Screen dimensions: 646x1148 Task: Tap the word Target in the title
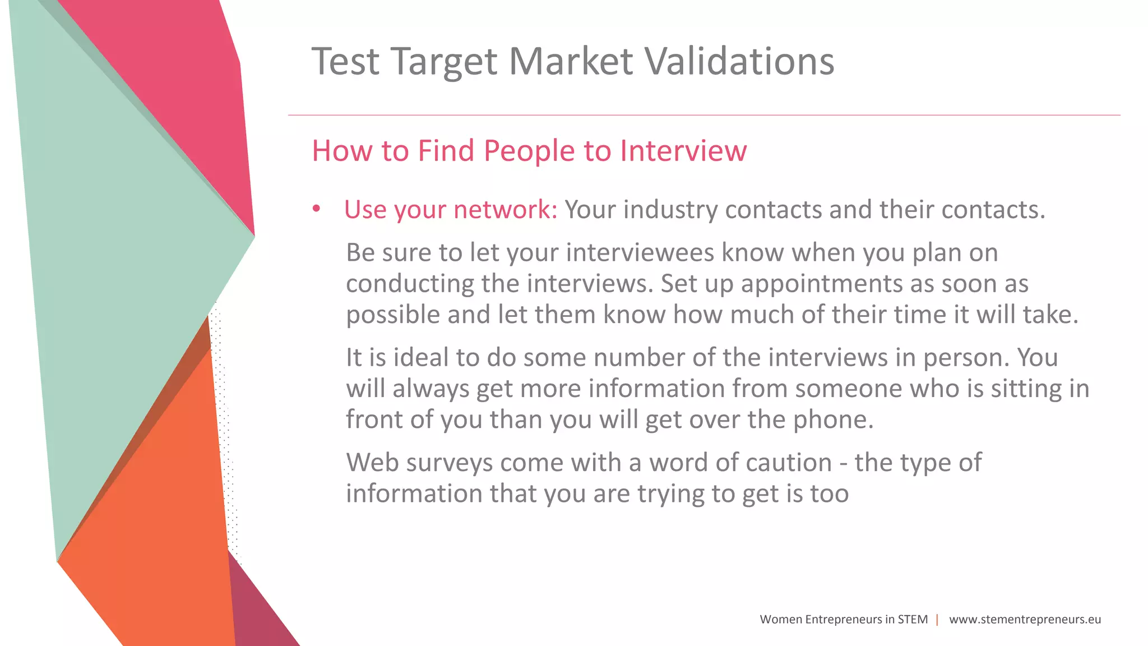pos(444,62)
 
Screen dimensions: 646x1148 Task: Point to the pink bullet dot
pos(317,209)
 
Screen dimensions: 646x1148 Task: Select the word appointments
pos(821,284)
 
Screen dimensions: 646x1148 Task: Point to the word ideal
pos(420,357)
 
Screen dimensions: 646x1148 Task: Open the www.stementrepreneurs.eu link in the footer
pos(1025,620)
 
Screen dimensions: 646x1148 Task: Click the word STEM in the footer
pos(913,620)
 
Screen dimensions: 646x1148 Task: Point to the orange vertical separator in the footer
pos(937,620)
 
